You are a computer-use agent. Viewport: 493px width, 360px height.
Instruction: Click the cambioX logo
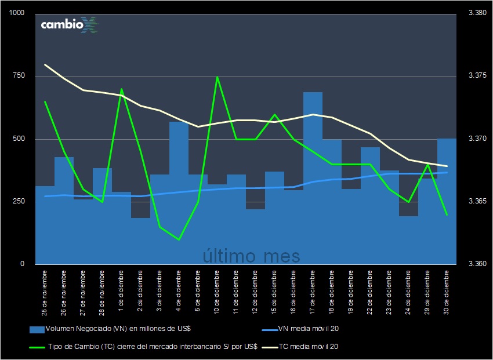(x=68, y=25)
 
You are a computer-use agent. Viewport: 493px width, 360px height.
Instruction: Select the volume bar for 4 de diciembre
(x=179, y=191)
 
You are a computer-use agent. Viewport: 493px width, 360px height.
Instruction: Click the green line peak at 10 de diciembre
(x=217, y=77)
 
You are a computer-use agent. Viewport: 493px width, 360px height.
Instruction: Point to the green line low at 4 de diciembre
(x=179, y=239)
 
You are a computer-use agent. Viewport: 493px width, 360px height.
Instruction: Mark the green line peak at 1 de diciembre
(x=121, y=89)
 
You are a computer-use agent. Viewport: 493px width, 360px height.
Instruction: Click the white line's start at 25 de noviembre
(x=45, y=64)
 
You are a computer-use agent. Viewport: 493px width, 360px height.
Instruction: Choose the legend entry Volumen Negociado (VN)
(x=110, y=329)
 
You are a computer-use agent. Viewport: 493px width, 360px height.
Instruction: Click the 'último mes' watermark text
(x=251, y=255)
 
